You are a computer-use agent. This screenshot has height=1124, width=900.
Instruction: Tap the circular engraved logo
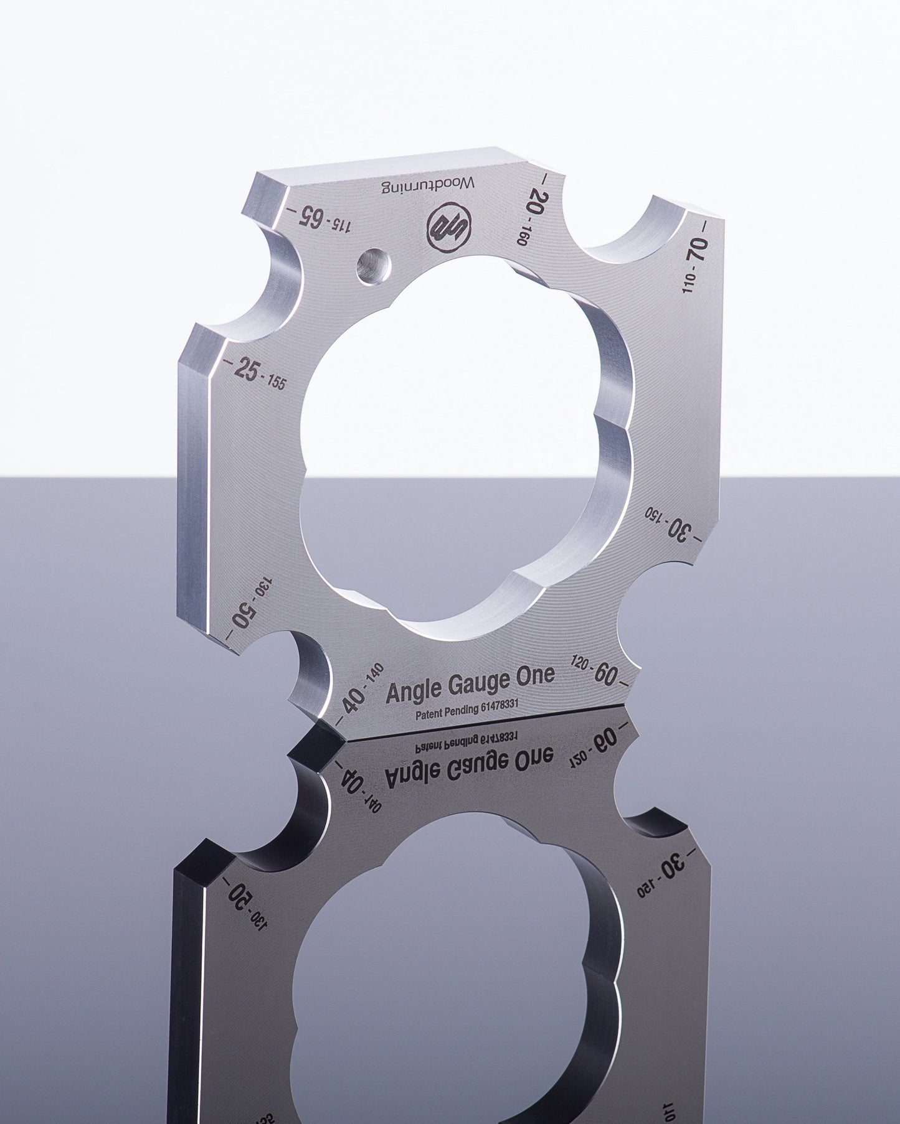coord(444,228)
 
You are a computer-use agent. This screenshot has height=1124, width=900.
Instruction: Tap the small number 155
coord(277,383)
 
